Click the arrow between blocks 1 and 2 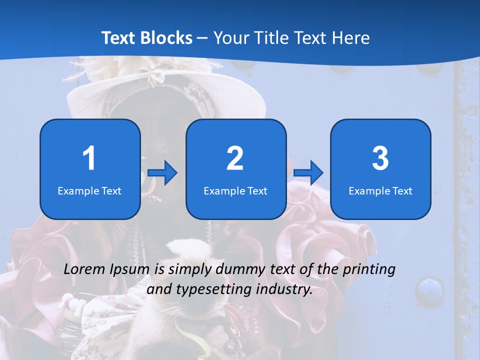(x=162, y=172)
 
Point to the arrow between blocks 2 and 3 (x=308, y=172)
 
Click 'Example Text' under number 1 (x=89, y=190)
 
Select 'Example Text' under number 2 (x=235, y=190)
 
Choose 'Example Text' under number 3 (x=380, y=190)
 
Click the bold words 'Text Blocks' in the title (x=147, y=38)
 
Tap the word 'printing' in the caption (x=369, y=270)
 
